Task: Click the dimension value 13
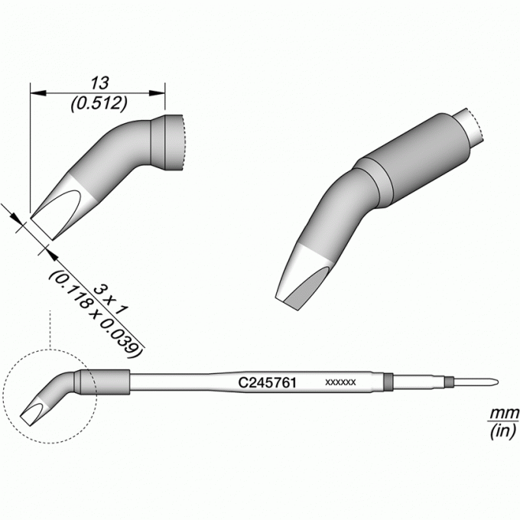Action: click(99, 83)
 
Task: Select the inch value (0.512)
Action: click(99, 104)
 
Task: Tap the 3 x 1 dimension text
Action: click(110, 300)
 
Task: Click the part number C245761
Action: click(267, 382)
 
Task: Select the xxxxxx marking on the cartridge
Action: click(340, 382)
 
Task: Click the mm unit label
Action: click(505, 413)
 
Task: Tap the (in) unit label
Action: click(503, 431)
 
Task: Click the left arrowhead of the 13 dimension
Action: click(37, 93)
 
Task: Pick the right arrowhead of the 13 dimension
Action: click(158, 93)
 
